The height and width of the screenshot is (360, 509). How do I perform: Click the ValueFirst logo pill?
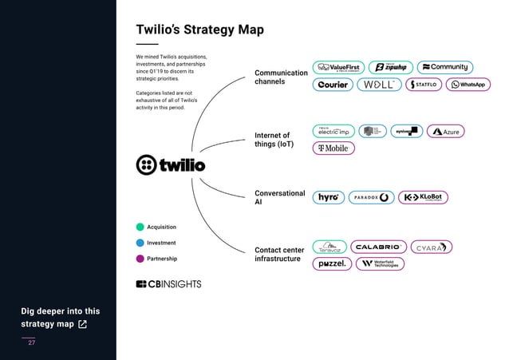(339, 67)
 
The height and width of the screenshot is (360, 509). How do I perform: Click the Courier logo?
(332, 85)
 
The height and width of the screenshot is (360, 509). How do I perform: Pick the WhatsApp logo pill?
(469, 85)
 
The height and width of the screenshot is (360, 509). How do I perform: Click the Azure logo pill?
(445, 131)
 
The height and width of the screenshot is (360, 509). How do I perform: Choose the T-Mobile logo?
(333, 148)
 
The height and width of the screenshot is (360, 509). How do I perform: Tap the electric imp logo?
(332, 131)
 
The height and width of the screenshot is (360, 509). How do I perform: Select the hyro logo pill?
(328, 197)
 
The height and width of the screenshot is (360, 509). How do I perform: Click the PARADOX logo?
(371, 197)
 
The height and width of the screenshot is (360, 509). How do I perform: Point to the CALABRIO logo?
(379, 247)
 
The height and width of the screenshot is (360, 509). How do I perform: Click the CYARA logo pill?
(432, 247)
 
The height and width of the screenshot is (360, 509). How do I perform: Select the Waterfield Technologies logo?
(380, 263)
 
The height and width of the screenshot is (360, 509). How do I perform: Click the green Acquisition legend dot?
(140, 227)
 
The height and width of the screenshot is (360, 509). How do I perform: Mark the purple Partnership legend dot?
(140, 259)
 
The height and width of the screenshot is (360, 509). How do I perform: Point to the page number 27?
(32, 342)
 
